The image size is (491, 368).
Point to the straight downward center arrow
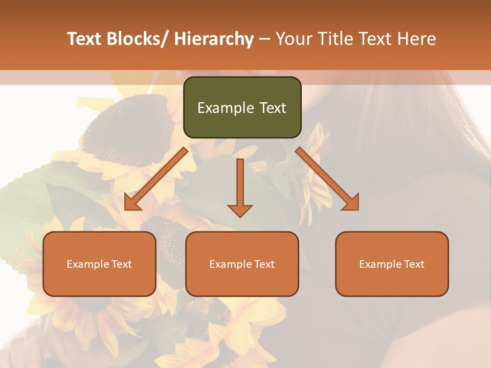[x=240, y=184]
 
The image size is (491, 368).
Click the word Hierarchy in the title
[x=213, y=39]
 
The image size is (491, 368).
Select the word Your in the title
[x=295, y=39]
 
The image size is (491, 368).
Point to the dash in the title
[x=264, y=39]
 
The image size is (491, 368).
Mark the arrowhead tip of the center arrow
[x=240, y=216]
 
